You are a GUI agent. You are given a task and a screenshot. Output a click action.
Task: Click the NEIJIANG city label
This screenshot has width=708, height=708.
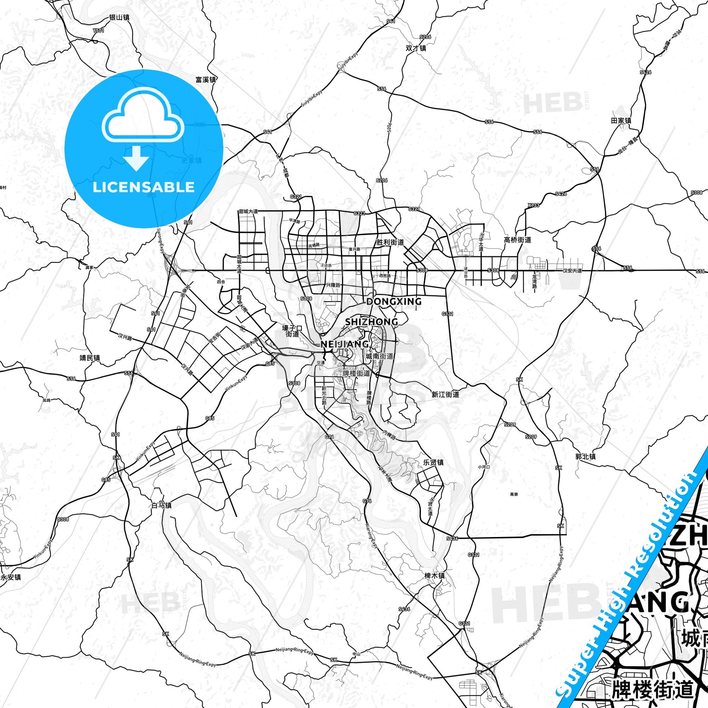click(345, 344)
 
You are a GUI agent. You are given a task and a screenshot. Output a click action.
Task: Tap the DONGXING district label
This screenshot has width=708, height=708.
click(394, 302)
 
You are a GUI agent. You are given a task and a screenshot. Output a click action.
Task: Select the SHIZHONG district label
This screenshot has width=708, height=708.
click(371, 322)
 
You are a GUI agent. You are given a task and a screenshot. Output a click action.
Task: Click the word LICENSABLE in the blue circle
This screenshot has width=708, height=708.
click(144, 187)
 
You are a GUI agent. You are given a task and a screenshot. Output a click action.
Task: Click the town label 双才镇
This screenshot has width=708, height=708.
click(416, 48)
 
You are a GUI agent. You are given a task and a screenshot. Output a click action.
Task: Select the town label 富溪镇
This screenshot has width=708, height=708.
click(206, 80)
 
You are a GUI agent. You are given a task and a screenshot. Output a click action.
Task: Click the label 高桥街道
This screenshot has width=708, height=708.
click(517, 240)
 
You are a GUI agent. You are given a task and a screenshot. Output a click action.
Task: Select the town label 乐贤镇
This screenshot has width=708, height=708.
click(434, 462)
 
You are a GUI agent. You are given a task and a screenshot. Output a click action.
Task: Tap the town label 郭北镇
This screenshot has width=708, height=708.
click(586, 457)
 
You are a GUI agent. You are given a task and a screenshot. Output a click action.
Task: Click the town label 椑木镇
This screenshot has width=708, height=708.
click(434, 586)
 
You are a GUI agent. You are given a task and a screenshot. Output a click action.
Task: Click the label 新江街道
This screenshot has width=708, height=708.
click(445, 395)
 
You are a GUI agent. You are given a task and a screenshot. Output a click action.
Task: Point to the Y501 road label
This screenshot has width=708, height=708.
click(99, 31)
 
